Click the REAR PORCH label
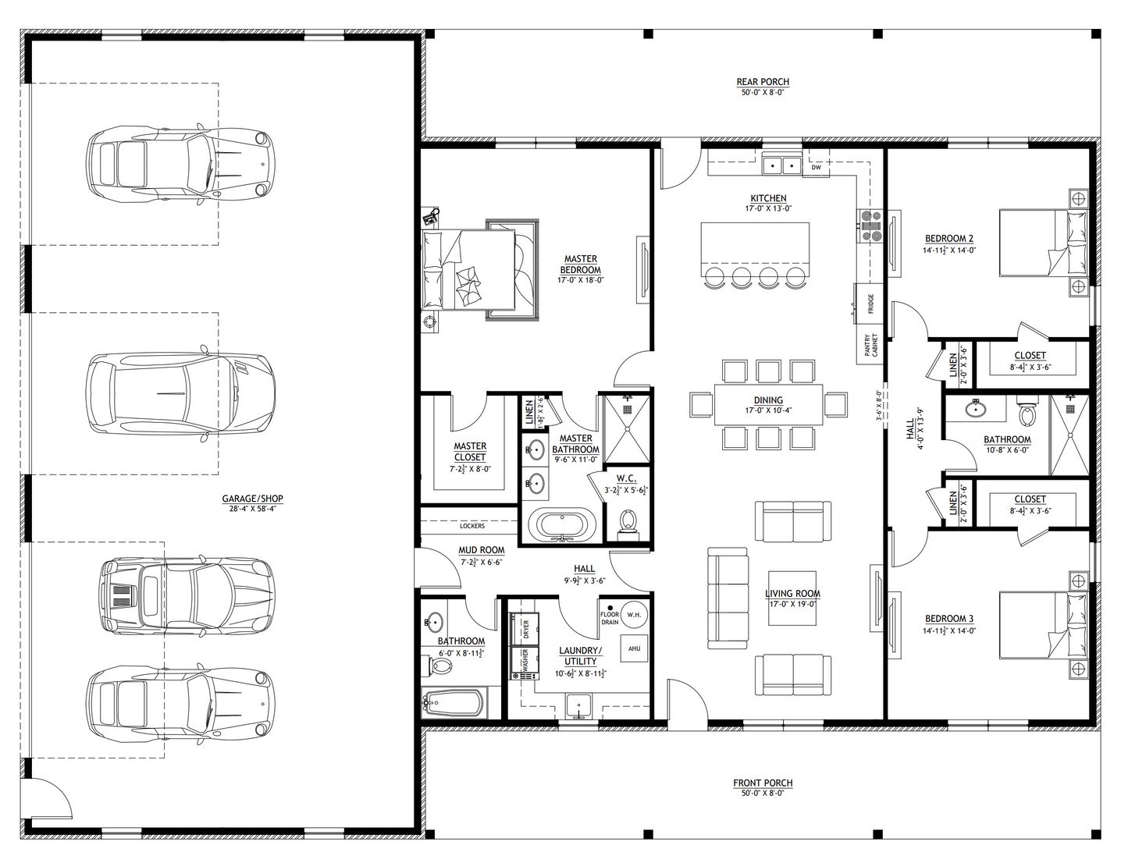[x=763, y=82]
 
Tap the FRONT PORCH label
[x=763, y=783]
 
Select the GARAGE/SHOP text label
[x=252, y=499]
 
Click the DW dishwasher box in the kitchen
[x=816, y=167]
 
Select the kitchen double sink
[x=782, y=165]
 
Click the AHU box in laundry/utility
[x=634, y=648]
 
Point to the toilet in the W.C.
[x=627, y=521]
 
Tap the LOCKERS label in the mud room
[x=471, y=526]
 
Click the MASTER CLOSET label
[x=470, y=452]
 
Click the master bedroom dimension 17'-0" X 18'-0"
[x=580, y=280]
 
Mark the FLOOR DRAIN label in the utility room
[x=610, y=618]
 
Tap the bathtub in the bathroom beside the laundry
[x=453, y=704]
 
